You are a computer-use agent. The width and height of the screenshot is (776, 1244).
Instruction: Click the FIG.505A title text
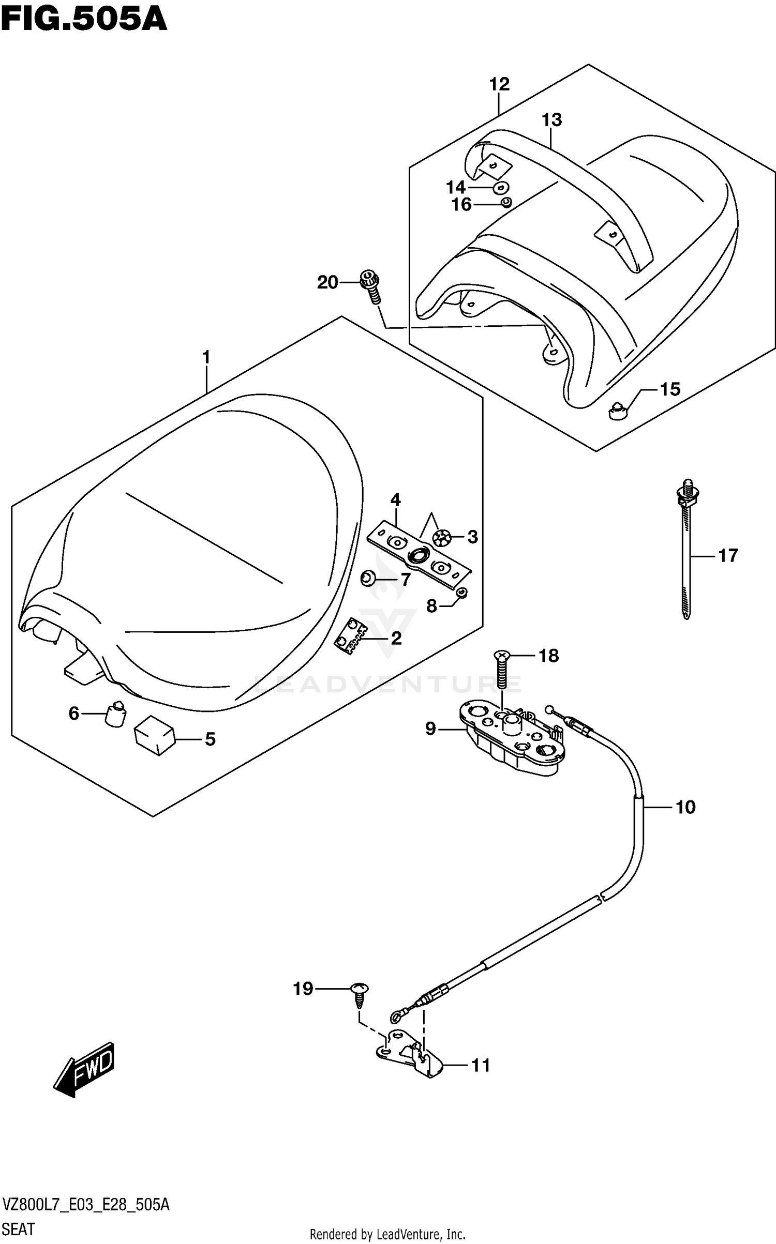84,21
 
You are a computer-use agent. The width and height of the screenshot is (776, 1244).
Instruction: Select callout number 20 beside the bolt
327,282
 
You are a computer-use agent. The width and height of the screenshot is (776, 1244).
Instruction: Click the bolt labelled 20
371,287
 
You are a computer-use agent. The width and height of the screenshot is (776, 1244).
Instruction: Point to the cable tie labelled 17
685,553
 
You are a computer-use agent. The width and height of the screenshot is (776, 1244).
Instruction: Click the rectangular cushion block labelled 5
154,737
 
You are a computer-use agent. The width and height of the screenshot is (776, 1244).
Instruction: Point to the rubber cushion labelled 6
116,714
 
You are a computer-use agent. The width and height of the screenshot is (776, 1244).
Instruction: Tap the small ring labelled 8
462,593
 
